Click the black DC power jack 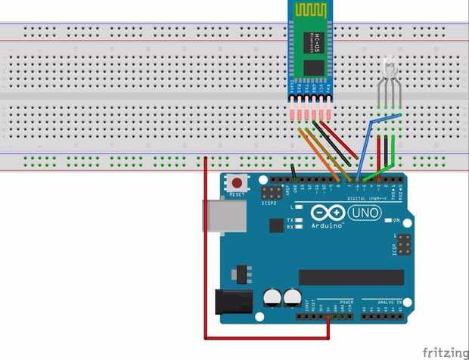pyautogui.click(x=233, y=302)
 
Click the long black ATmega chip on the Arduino pyautogui.click(x=351, y=277)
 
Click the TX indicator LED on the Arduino pyautogui.click(x=300, y=219)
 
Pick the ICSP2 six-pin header pyautogui.click(x=269, y=191)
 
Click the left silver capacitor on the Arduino pyautogui.click(x=272, y=296)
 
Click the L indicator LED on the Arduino pyautogui.click(x=300, y=206)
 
